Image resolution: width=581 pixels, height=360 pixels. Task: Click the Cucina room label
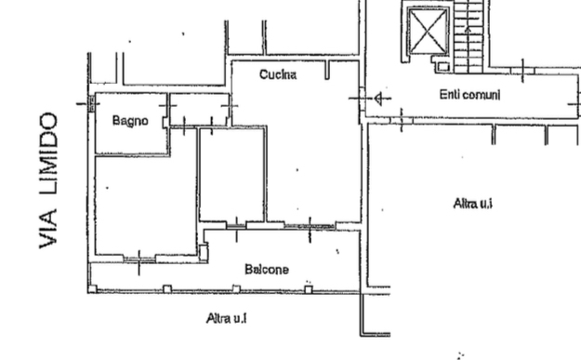[277, 74]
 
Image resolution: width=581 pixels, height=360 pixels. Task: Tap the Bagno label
[130, 120]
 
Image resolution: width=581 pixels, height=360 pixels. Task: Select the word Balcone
[266, 270]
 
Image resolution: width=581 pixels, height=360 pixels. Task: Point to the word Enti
[450, 95]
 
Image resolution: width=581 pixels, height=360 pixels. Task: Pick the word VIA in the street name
[50, 231]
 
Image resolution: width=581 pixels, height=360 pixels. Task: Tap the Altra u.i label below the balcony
[226, 318]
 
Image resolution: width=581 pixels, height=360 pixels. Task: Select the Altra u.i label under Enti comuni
[472, 202]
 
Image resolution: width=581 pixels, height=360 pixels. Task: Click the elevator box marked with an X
[429, 33]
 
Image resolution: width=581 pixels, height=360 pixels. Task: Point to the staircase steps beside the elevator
[473, 37]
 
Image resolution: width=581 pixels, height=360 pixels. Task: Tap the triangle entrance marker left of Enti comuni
[382, 98]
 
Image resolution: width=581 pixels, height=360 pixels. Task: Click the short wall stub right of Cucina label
[326, 71]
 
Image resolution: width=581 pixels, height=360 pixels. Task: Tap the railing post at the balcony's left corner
[92, 288]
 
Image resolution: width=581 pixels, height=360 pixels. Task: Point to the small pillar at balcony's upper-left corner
[203, 251]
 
